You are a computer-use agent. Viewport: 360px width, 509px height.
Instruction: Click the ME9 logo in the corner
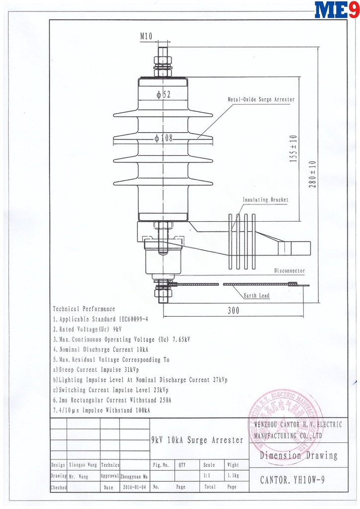pos(337,10)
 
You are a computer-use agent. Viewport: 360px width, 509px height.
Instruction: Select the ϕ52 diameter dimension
pos(163,95)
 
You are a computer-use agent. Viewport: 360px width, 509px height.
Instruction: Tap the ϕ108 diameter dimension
pos(164,138)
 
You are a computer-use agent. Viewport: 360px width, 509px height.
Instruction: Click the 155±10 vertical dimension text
pos(293,149)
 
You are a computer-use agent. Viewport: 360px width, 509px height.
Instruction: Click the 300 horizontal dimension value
pos(233,311)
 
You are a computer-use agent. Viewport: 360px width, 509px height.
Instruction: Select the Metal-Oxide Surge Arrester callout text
pos(261,99)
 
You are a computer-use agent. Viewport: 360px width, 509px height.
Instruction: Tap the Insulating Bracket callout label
pos(265,200)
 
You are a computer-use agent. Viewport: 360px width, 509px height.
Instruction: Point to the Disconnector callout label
pos(289,271)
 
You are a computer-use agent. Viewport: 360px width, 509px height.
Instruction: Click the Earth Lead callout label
pos(257,296)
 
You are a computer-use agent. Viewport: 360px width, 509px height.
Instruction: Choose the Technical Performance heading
pos(84,309)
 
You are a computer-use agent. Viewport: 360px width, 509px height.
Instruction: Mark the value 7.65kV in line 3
pos(180,339)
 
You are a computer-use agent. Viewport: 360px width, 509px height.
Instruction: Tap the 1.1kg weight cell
pos(233,476)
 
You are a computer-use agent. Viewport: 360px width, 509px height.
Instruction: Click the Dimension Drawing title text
pos(298,455)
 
